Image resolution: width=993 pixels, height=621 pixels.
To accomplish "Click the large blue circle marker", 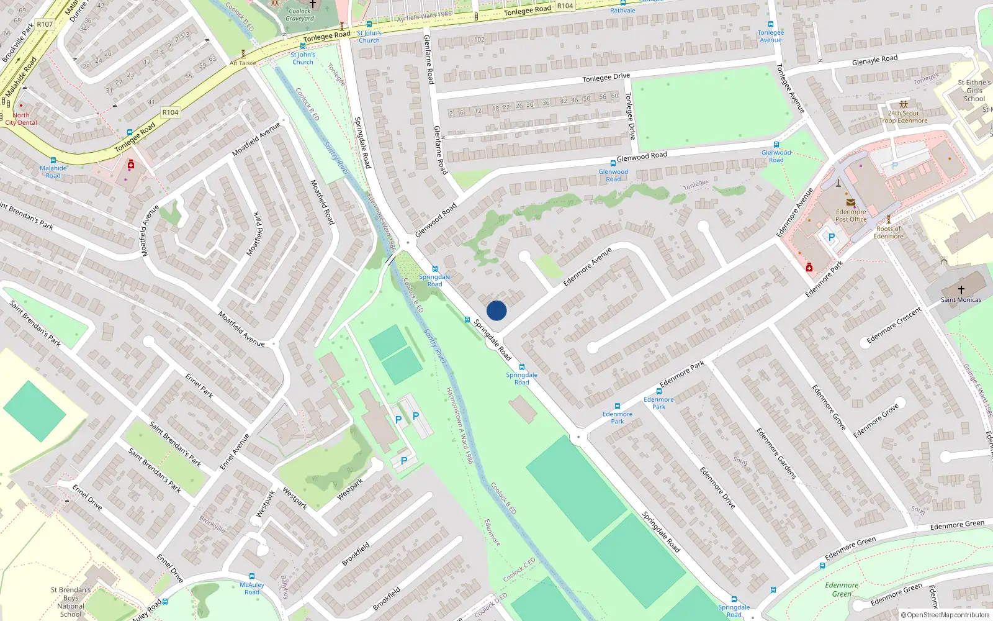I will (x=496, y=310).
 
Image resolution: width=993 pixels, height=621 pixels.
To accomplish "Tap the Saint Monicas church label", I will (x=961, y=299).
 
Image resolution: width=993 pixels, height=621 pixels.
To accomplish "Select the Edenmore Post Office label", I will (x=851, y=215).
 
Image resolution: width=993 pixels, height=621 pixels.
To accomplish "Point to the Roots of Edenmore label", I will (x=888, y=232).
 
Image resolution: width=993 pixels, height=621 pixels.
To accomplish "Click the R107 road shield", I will (x=45, y=24).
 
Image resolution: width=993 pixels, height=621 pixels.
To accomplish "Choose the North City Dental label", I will (x=21, y=119).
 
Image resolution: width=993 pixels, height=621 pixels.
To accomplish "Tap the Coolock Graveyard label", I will (x=300, y=15).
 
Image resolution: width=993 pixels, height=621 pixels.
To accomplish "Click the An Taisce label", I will (x=243, y=63).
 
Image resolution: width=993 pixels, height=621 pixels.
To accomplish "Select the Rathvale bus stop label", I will (x=622, y=11).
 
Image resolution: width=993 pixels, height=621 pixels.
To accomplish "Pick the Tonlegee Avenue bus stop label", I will (x=771, y=36).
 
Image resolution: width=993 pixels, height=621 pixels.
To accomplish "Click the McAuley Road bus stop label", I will (x=252, y=588).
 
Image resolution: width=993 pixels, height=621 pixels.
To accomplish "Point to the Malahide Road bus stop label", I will (x=53, y=171).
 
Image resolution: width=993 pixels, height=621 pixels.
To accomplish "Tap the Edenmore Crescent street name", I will (x=894, y=325).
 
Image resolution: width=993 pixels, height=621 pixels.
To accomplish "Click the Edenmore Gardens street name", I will (x=776, y=453).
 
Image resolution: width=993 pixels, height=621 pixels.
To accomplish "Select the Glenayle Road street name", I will (x=874, y=60).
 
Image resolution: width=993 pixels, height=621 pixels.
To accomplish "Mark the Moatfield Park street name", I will (x=254, y=233).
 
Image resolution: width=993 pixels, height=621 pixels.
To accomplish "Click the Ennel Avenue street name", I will (x=235, y=451).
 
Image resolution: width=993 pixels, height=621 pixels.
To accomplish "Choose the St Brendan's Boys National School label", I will (x=71, y=602).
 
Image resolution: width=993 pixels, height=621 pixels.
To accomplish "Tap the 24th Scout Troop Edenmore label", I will (x=903, y=117).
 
